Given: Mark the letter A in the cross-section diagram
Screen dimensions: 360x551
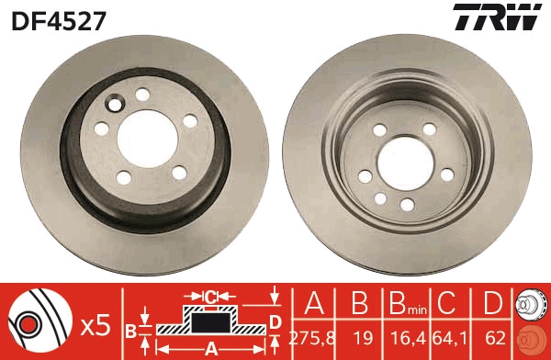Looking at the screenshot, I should click(210, 348).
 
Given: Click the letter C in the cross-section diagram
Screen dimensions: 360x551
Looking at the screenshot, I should click(209, 296).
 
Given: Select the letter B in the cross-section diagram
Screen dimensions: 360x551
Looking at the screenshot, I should click(131, 330).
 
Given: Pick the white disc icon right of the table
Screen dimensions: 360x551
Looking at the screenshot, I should click(534, 304).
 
